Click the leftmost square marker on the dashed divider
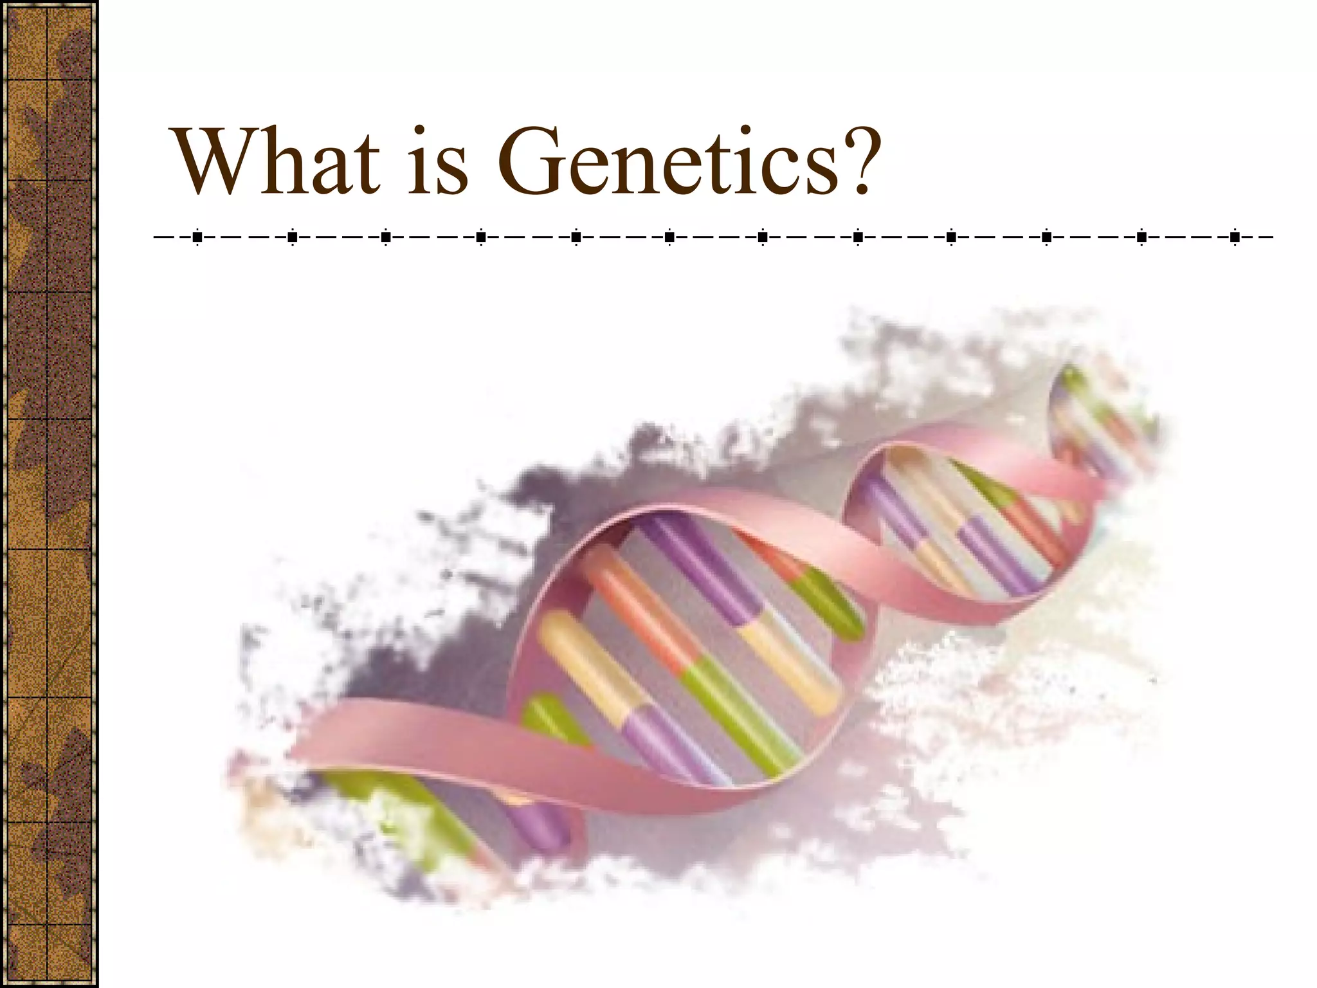(x=197, y=237)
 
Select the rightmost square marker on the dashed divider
(x=1235, y=237)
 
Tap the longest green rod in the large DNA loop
(x=740, y=714)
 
